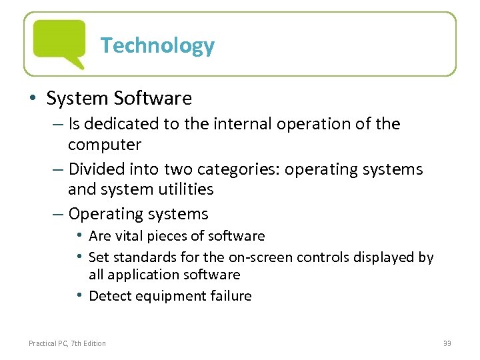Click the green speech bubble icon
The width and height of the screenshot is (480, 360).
(59, 43)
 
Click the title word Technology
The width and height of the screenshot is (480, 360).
(157, 45)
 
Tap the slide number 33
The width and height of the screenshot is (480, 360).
(447, 343)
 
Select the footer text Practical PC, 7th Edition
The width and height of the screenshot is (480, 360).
(67, 343)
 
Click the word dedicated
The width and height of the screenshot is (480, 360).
(123, 124)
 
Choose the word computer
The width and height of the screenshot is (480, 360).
(105, 145)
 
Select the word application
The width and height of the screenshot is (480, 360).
(137, 275)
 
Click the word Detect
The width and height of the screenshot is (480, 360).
(108, 296)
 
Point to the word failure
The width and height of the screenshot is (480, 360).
(227, 296)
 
